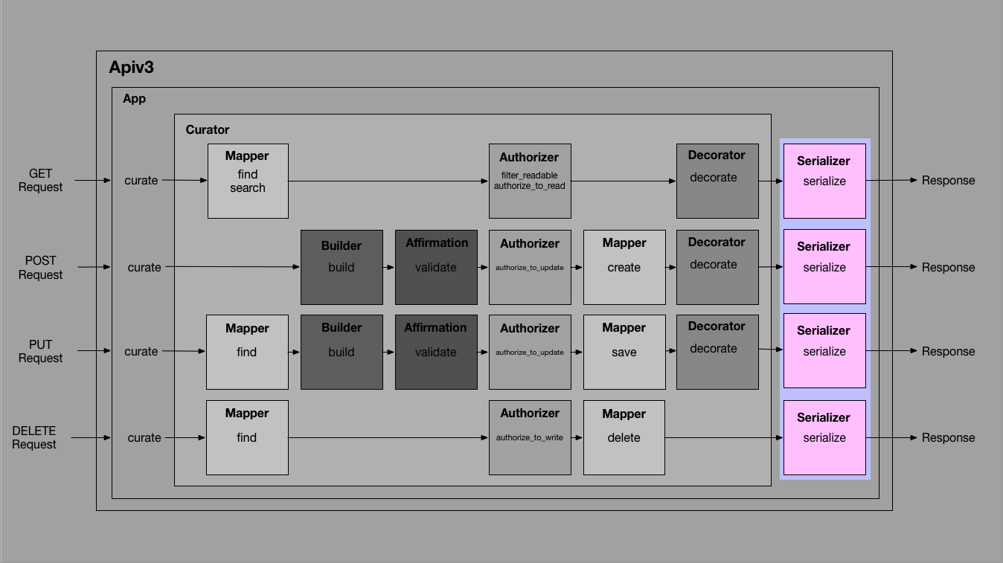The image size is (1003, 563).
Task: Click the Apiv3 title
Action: pos(131,67)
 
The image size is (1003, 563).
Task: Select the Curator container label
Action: pos(207,129)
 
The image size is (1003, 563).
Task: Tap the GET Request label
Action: pos(40,180)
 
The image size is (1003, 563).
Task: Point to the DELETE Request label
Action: pos(33,437)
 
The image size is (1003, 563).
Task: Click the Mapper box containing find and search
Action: pos(248,181)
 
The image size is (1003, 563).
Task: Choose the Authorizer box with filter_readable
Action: pos(530,181)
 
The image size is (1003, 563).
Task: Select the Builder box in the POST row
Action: pos(342,267)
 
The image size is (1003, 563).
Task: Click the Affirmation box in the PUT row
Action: pos(436,352)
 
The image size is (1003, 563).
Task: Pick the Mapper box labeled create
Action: pos(624,267)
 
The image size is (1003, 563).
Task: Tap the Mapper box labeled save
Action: pos(624,352)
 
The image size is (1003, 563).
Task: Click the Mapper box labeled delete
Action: pos(624,437)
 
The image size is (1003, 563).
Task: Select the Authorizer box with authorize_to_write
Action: pos(530,437)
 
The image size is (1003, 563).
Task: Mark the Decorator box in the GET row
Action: pos(717,181)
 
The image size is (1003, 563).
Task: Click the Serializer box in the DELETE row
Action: pos(824,437)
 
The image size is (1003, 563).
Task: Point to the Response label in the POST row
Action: pos(948,267)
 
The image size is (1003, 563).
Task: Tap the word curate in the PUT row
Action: pos(141,351)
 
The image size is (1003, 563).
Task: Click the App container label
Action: pos(134,98)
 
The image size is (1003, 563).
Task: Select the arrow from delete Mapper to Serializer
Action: pos(722,437)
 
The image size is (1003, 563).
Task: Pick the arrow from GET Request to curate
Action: pos(93,180)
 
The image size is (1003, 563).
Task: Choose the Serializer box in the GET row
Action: pos(824,181)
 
